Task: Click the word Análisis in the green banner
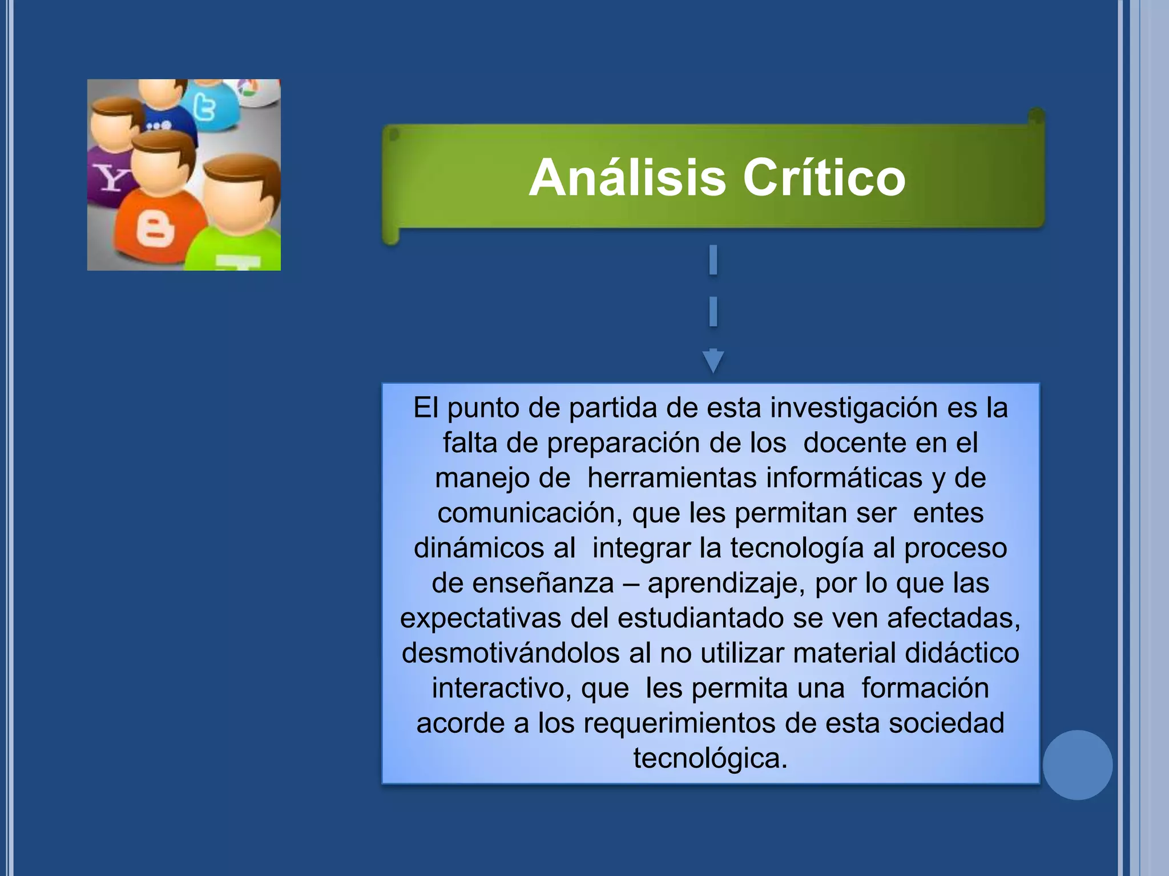627,178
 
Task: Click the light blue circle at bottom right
1077,765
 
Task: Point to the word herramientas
672,478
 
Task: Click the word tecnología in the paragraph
797,548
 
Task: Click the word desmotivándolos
510,654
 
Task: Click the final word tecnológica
710,759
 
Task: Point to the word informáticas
844,478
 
